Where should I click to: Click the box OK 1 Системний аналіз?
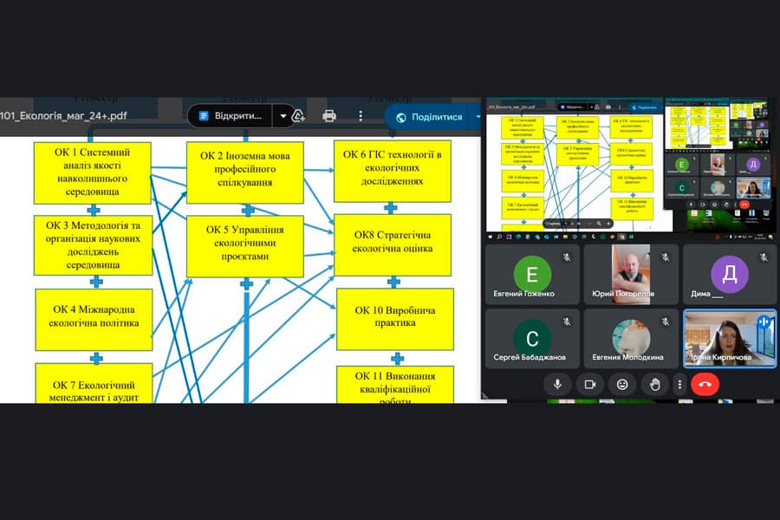tap(94, 172)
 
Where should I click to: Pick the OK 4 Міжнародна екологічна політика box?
tap(94, 319)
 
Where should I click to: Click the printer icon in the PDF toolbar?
tap(329, 116)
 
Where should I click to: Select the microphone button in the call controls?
tap(557, 384)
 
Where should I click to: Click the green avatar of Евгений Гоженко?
tap(532, 275)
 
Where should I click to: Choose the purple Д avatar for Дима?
tap(730, 275)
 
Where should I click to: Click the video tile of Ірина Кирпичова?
tap(730, 339)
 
